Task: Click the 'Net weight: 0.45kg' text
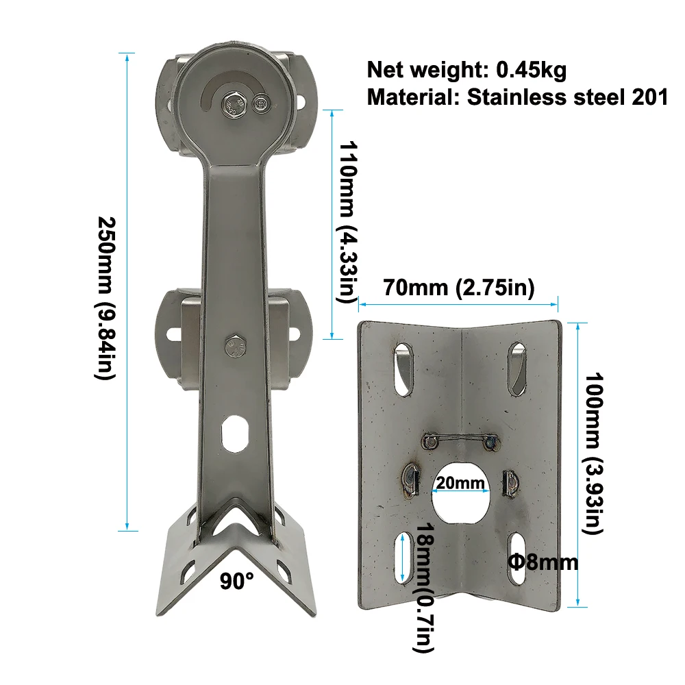[x=466, y=70]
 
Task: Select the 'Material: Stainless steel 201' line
[x=517, y=97]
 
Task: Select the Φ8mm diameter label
[x=543, y=562]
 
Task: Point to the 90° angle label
[x=237, y=582]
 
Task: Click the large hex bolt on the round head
[x=234, y=105]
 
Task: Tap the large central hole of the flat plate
[x=461, y=493]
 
